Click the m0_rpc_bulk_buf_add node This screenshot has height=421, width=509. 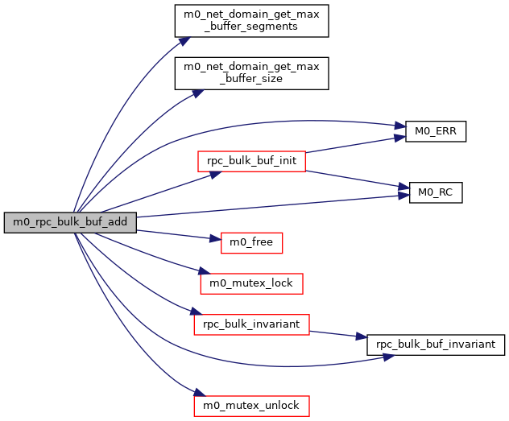(x=70, y=223)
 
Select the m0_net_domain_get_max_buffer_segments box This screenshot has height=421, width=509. (x=252, y=20)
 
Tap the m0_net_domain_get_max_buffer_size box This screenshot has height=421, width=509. (x=252, y=73)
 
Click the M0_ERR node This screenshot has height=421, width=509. (x=436, y=130)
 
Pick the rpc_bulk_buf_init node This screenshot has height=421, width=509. (x=251, y=160)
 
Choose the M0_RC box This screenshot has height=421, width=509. (x=436, y=192)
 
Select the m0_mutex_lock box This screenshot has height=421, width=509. (x=251, y=283)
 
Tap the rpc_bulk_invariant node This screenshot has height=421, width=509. (x=251, y=324)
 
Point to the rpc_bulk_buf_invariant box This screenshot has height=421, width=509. (x=436, y=345)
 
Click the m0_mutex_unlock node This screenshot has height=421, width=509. (x=251, y=405)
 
